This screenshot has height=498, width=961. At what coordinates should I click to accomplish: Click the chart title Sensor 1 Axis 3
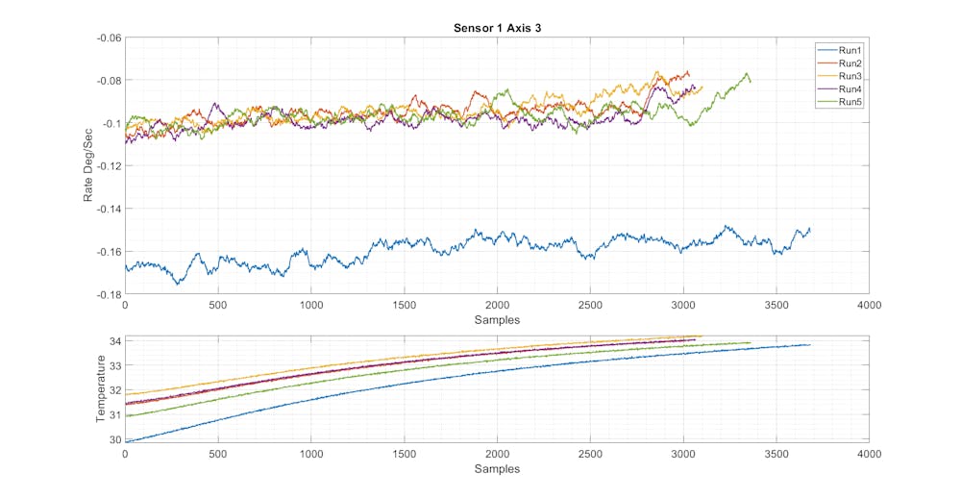(x=498, y=28)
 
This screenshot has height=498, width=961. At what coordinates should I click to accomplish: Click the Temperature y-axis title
(x=101, y=389)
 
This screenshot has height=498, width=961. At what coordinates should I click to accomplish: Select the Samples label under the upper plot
(x=498, y=319)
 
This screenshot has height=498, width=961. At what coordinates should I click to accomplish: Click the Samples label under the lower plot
(x=498, y=469)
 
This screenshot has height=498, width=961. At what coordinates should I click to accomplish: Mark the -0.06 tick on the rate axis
(x=109, y=37)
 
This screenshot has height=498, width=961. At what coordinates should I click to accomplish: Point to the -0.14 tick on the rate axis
(x=109, y=208)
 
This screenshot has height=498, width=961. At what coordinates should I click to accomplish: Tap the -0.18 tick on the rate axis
(x=109, y=293)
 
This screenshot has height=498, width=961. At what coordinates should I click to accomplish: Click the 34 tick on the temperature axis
(x=114, y=340)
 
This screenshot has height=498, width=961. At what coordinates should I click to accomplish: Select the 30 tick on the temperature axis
(x=114, y=439)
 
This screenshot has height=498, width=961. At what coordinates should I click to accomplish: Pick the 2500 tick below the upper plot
(x=590, y=305)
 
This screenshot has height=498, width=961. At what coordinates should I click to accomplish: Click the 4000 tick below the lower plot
(x=869, y=453)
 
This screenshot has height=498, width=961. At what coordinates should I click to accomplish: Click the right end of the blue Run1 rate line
(x=810, y=230)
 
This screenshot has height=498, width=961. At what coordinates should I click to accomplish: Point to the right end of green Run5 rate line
(x=751, y=82)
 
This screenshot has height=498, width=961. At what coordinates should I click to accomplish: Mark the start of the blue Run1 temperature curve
(x=126, y=441)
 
